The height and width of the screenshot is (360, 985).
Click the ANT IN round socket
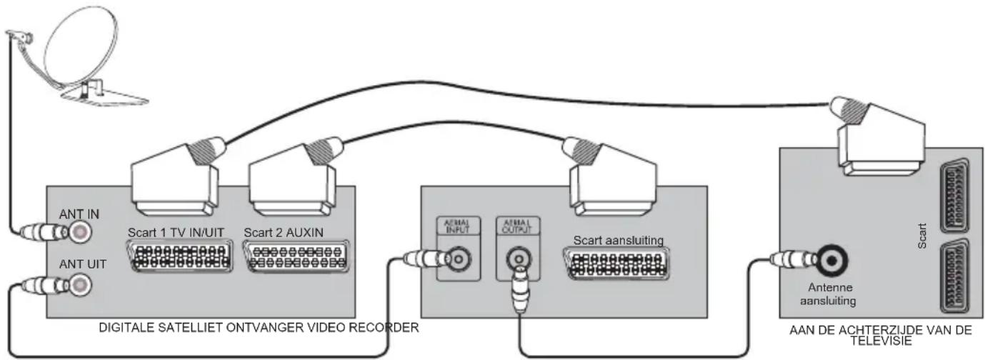[x=79, y=231]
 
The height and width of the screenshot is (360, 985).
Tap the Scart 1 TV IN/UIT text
[x=179, y=233]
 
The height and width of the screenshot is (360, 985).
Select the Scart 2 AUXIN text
[x=284, y=233]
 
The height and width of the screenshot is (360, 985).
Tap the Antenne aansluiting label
[x=826, y=294]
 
